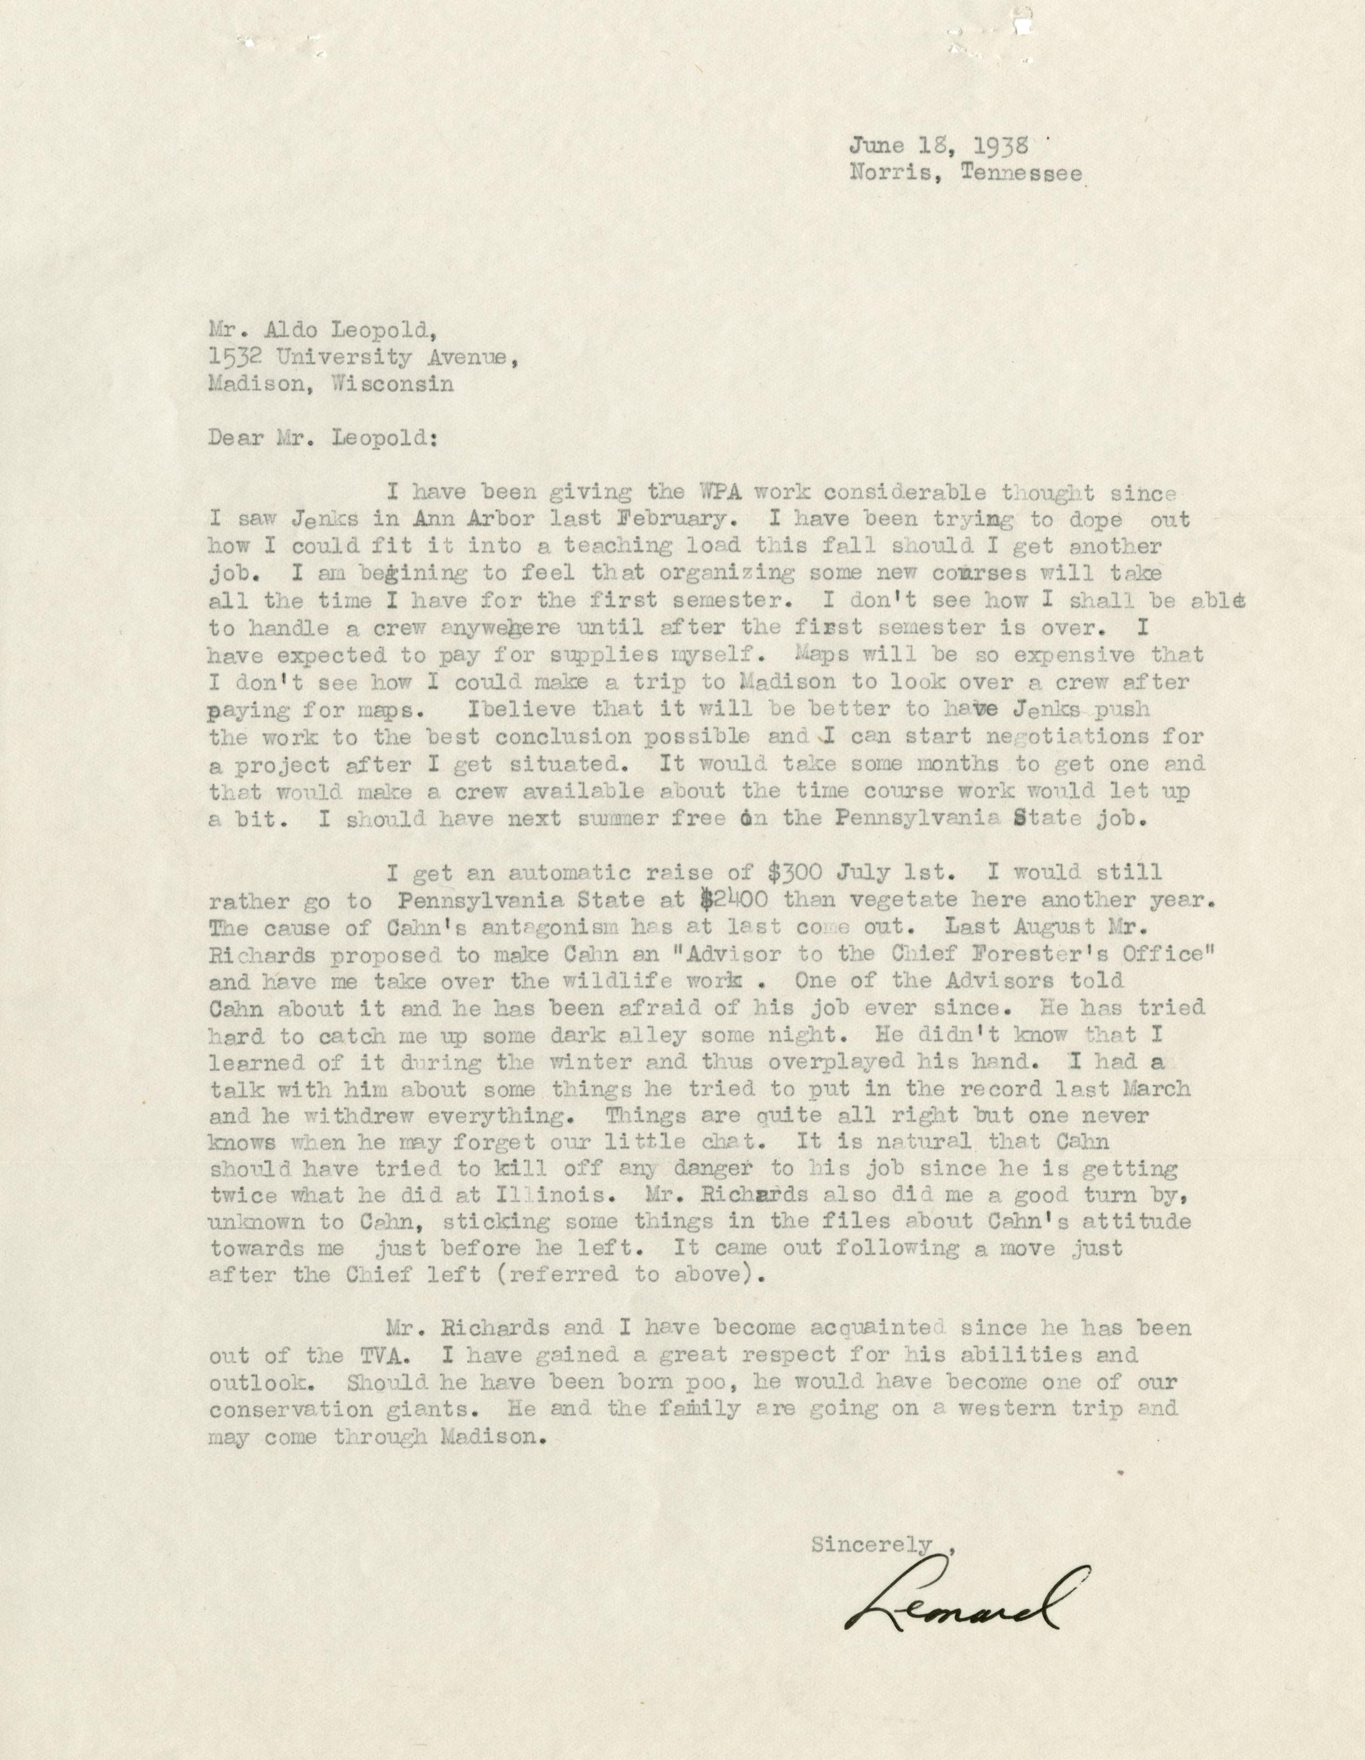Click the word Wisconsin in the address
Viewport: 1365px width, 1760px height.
[392, 384]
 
